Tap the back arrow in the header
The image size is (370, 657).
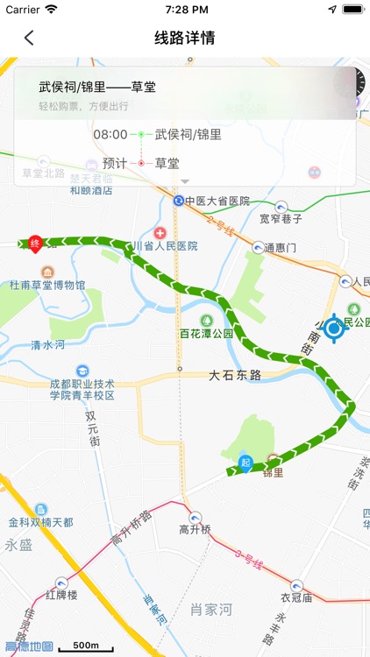29,38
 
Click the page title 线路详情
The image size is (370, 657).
185,38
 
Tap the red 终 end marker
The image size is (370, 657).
35,244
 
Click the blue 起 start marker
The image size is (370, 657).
245,463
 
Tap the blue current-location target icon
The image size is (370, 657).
333,329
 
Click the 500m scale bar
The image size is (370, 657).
85,646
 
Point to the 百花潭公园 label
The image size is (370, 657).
207,334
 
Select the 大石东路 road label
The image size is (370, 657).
235,375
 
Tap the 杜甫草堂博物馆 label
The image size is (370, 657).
47,285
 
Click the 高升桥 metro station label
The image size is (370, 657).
196,528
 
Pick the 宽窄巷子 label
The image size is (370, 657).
281,218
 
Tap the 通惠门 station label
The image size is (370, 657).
281,248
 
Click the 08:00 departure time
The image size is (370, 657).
110,135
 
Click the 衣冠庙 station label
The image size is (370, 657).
296,598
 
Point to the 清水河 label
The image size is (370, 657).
48,345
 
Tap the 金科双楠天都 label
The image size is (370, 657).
41,522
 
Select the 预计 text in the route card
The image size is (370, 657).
115,163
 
